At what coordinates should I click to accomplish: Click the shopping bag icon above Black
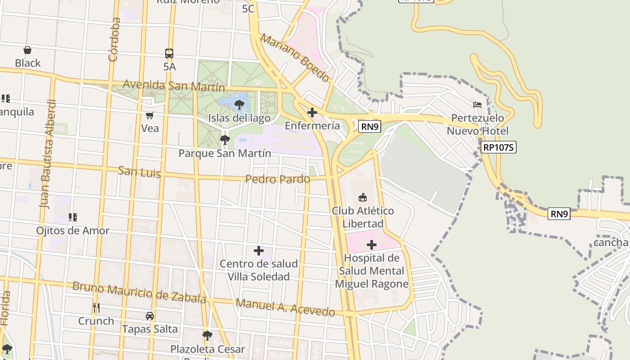point(27,50)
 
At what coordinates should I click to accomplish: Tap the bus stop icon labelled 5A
point(169,54)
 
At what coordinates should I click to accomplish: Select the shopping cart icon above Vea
point(150,115)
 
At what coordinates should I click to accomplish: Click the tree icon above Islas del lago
point(239,105)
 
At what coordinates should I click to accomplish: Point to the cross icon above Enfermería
point(312,112)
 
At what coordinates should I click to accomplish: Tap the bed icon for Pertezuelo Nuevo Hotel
point(477,104)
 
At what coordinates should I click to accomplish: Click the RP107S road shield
point(498,147)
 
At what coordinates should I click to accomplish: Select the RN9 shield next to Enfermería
point(370,126)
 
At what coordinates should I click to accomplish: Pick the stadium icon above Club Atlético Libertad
point(362,197)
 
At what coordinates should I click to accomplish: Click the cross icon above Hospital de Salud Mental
point(372,245)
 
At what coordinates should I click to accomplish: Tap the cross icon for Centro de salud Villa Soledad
point(259,250)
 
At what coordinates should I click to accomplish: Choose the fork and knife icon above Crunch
point(96,308)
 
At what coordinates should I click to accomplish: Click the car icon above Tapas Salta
point(150,316)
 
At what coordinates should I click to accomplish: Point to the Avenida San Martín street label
point(174,85)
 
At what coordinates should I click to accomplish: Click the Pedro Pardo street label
point(278,179)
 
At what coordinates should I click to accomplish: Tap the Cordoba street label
point(114,39)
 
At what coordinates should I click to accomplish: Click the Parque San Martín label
point(225,153)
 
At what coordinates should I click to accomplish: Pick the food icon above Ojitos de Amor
point(73,218)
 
